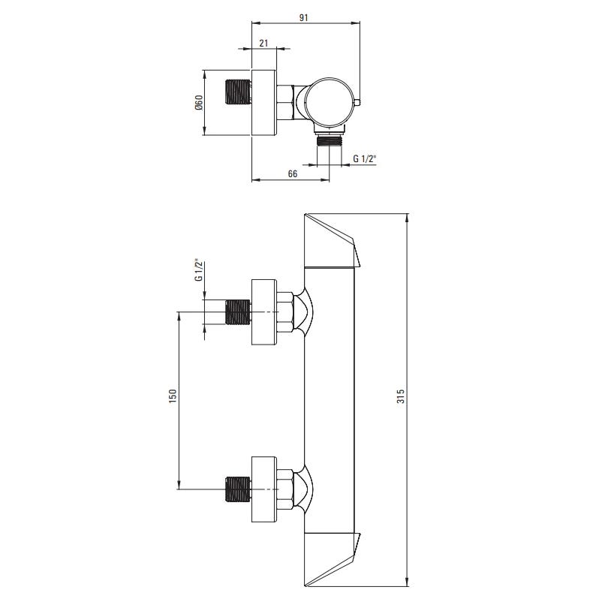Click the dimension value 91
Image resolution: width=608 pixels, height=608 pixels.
(x=303, y=17)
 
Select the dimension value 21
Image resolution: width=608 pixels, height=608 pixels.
(x=263, y=43)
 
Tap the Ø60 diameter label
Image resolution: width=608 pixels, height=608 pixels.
(x=199, y=103)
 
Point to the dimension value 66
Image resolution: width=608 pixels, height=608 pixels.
(x=293, y=173)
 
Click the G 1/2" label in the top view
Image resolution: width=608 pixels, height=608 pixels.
(x=365, y=158)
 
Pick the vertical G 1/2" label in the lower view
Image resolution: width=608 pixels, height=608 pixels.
(x=199, y=271)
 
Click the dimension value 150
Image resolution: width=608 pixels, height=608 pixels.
(x=173, y=396)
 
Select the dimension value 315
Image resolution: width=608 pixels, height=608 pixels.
(x=401, y=396)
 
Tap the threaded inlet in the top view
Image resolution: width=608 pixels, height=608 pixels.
(x=238, y=92)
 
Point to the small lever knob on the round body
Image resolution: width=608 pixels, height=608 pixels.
(x=357, y=103)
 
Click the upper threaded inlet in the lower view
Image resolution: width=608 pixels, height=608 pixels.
(x=238, y=312)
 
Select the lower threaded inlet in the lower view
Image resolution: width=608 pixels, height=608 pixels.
(x=238, y=489)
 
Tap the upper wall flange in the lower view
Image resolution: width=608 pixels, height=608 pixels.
(x=264, y=312)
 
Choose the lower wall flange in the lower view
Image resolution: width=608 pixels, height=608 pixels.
(x=264, y=489)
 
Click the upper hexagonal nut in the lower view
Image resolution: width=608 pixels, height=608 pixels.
(x=285, y=312)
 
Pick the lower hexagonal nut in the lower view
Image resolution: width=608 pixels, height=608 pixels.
(x=285, y=489)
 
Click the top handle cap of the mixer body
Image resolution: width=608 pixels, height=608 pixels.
(x=332, y=240)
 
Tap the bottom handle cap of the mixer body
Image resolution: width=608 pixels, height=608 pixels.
(x=332, y=559)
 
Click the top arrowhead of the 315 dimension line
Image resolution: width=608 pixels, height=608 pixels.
(x=407, y=218)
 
